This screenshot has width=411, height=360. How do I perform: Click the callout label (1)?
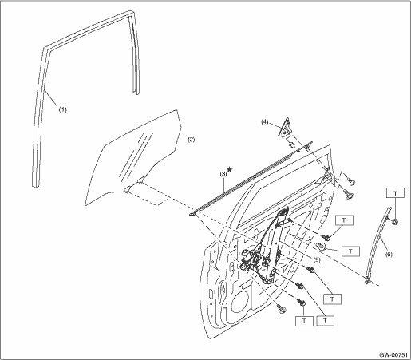(63, 109)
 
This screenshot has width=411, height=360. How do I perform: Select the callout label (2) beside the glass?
(192, 140)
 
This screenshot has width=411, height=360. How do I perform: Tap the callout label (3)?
(223, 174)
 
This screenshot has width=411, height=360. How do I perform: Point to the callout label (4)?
(264, 122)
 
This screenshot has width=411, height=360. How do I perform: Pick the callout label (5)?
(317, 259)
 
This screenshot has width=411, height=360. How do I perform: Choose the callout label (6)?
(389, 255)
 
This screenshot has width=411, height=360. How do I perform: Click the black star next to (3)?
(230, 168)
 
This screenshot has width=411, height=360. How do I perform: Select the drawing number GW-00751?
(393, 355)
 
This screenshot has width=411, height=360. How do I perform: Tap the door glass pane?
(133, 157)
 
